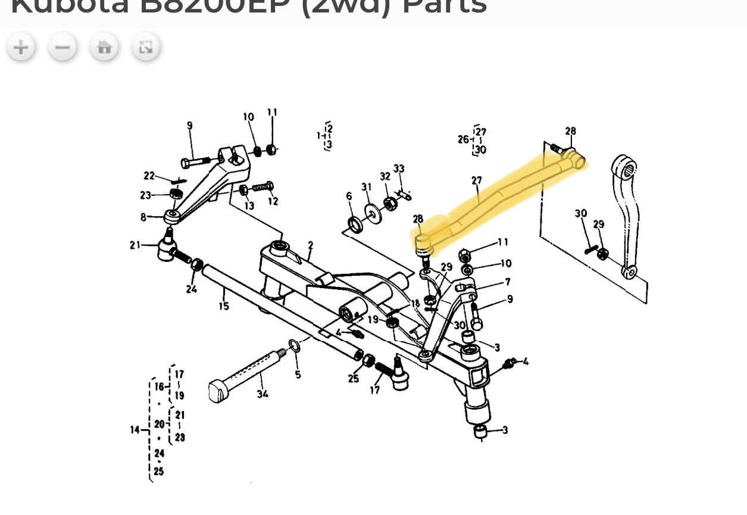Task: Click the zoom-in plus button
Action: (21, 47)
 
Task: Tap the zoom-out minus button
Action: (62, 47)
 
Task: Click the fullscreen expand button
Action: (146, 47)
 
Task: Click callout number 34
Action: (262, 394)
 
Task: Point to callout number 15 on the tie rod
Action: (224, 307)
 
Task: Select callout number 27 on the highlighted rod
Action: (476, 180)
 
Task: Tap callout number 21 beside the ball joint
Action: (135, 244)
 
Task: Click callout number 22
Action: (149, 176)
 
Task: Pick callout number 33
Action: (399, 169)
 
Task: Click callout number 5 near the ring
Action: (298, 374)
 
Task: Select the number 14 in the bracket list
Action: (135, 429)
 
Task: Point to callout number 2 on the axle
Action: (310, 245)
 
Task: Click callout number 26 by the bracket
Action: (464, 139)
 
